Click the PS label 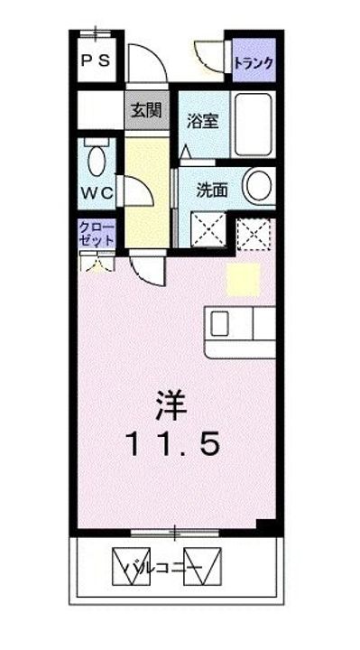97,61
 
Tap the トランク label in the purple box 254,63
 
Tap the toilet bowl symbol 97,159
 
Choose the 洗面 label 211,190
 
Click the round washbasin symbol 260,186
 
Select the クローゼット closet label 96,233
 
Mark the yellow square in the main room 243,279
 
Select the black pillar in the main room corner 265,525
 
